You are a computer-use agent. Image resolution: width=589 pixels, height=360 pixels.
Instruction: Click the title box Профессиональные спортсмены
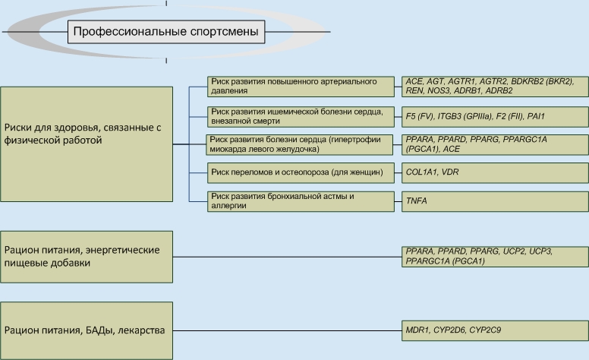(165, 32)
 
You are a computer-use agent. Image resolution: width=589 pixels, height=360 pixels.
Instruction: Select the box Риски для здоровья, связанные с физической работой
(87, 134)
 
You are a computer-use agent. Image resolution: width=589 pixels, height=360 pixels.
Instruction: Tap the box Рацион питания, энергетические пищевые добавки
(87, 257)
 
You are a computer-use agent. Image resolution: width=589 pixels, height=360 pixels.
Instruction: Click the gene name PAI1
(536, 116)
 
